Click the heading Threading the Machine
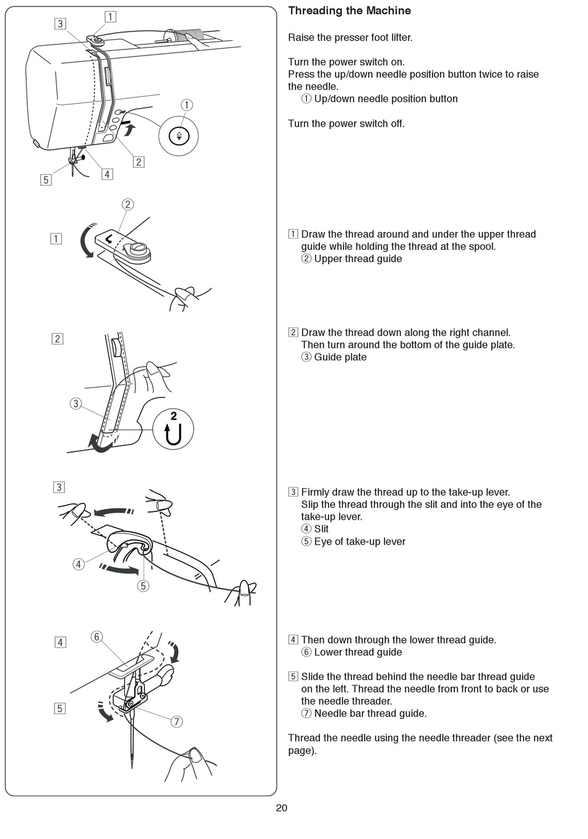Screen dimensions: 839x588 (x=349, y=11)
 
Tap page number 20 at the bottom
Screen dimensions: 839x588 (x=282, y=808)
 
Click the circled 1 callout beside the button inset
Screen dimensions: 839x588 (x=186, y=105)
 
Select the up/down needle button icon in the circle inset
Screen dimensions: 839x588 (x=179, y=136)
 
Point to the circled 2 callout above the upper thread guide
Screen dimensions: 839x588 (x=128, y=205)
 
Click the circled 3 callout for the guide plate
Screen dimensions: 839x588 (x=76, y=404)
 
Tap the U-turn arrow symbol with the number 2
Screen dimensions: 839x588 (x=173, y=429)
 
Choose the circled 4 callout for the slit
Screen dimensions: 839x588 (x=79, y=564)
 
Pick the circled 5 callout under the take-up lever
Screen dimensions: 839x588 (x=143, y=585)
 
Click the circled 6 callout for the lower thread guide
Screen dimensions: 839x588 (x=97, y=637)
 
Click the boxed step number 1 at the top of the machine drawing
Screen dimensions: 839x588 (x=110, y=17)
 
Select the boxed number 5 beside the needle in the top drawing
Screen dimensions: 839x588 (x=45, y=181)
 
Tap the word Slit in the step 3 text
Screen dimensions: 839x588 (x=321, y=529)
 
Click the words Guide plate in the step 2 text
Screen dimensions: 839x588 (x=340, y=357)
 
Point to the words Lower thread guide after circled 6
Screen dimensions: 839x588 (x=358, y=652)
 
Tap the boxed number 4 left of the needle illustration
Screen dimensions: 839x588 (x=60, y=642)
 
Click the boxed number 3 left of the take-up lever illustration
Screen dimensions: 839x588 (x=59, y=487)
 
